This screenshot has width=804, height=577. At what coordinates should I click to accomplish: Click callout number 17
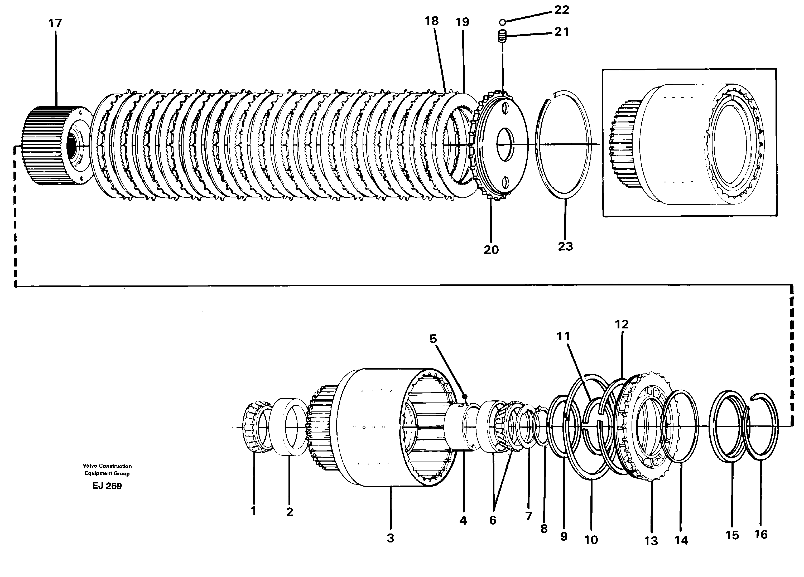pos(55,23)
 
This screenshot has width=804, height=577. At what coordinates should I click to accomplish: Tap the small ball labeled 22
pos(502,22)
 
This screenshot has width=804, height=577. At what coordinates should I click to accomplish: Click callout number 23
pos(565,246)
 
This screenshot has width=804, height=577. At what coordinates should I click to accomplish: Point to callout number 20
pos(491,250)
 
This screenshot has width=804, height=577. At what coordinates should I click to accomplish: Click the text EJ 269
pos(107,486)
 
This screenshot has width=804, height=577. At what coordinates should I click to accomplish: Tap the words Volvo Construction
pos(107,466)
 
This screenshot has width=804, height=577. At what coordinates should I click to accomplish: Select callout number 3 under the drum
pos(390,538)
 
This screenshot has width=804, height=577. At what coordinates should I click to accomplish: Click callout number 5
pos(433,339)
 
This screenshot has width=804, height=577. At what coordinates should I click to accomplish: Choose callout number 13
pos(651,541)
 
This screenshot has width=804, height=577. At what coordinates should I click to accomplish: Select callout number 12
pos(622,324)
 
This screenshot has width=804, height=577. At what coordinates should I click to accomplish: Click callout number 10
pos(591,540)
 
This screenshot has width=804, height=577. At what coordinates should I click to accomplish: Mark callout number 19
pos(462,22)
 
